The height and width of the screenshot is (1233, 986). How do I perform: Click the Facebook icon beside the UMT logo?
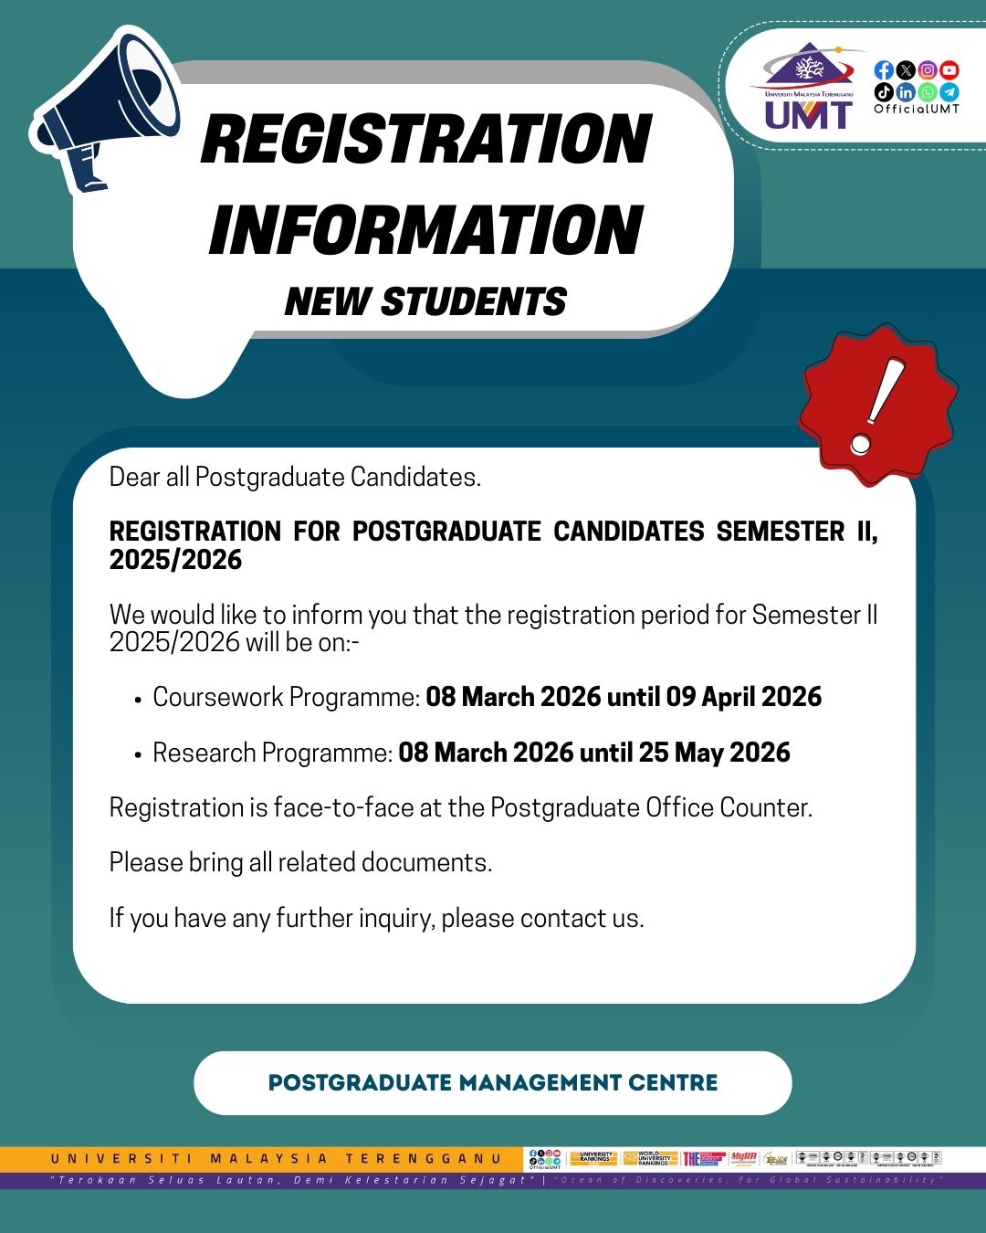883,70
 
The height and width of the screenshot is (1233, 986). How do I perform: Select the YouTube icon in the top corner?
949,70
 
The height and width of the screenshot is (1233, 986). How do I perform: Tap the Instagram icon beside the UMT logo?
928,70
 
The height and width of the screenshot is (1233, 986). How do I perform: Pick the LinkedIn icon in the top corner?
906,92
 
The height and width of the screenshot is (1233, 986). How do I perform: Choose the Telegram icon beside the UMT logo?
949,92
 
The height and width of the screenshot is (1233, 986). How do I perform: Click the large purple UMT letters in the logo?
808,115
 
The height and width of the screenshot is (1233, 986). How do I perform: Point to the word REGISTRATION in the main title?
425,140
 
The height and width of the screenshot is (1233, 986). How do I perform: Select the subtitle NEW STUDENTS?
425,302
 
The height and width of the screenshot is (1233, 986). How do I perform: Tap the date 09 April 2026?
743,697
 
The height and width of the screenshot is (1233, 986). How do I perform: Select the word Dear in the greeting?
134,477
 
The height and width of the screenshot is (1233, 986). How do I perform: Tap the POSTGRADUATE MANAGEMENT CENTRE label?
493,1083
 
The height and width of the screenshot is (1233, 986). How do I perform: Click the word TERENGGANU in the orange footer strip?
424,1159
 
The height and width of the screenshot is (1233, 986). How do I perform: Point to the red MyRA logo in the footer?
743,1158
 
